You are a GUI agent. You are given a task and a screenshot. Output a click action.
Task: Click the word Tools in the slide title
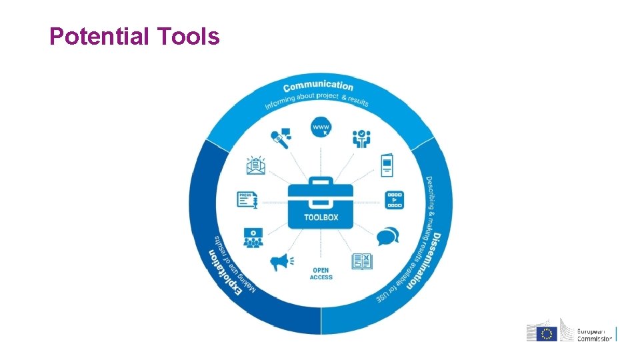[x=189, y=37]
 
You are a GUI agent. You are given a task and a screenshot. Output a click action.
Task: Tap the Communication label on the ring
[x=318, y=87]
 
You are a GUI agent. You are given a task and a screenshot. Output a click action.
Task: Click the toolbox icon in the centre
[x=321, y=198]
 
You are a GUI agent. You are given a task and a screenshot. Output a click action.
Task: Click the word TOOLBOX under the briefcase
[x=321, y=217]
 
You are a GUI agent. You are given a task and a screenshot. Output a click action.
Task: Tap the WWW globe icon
[x=321, y=126]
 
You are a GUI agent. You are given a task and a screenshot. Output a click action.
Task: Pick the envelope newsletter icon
[x=255, y=166]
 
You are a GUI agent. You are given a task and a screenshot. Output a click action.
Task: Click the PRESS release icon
[x=247, y=199]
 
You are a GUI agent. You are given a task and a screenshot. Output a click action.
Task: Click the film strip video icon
[x=395, y=199]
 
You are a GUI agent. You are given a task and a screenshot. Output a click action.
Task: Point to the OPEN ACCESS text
[x=321, y=274]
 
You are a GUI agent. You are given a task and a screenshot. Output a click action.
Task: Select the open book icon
[x=361, y=261]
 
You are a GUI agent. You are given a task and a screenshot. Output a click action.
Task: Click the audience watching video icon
[x=253, y=237]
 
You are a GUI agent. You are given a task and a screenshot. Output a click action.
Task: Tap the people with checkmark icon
[x=361, y=138]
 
